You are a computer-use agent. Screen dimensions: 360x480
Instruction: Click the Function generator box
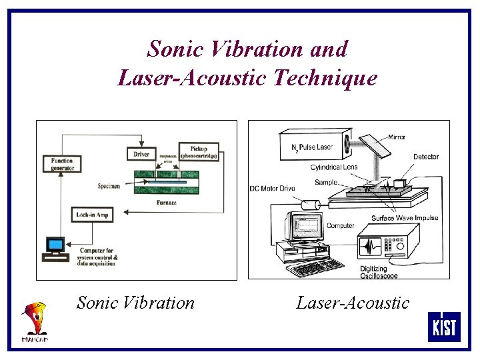click(61, 163)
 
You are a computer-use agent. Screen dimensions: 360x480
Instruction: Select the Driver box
click(141, 154)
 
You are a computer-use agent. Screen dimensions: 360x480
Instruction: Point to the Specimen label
click(108, 186)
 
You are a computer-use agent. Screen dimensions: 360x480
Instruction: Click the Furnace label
click(166, 202)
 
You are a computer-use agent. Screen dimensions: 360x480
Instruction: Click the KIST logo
click(443, 327)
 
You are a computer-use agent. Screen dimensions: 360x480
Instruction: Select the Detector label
click(426, 157)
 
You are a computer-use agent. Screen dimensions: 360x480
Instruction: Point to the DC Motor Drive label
click(272, 188)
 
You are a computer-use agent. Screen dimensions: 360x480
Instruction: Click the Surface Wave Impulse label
click(405, 218)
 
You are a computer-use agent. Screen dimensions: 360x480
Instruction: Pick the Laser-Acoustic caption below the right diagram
click(353, 303)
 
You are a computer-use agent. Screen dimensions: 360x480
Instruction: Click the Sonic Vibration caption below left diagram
click(135, 303)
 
